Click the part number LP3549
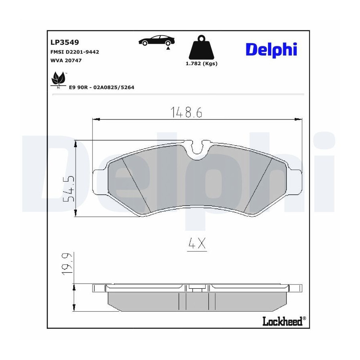pos(64,42)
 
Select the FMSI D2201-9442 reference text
pos(75,52)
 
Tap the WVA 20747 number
pos(66,60)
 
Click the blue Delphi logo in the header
pos(271,50)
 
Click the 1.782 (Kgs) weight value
pos(201,64)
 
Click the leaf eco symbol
pos(58,79)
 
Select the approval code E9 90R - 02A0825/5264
pos(102,87)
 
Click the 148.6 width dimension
pos(186,112)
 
